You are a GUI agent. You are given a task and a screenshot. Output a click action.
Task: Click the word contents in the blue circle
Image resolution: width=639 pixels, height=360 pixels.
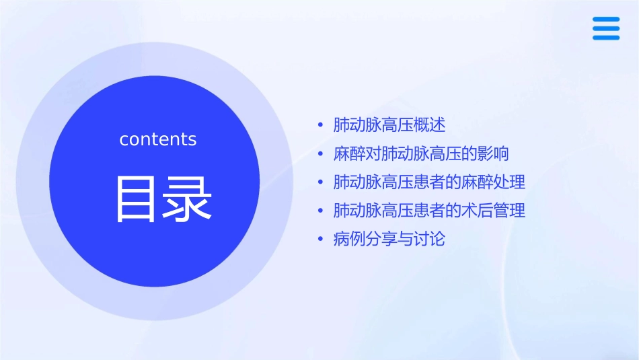[x=158, y=139]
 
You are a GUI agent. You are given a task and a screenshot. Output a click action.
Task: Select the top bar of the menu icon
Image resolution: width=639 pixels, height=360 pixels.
[x=606, y=20]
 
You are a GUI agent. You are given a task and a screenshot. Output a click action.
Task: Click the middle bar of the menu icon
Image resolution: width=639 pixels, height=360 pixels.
[x=606, y=28]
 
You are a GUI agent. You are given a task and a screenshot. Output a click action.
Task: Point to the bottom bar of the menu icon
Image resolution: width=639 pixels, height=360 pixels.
[x=606, y=37]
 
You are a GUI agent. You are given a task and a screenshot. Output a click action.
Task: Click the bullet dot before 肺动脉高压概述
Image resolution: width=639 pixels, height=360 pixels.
[x=321, y=126]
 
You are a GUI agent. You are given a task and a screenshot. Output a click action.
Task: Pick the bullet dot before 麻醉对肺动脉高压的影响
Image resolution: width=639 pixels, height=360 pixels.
[x=321, y=154]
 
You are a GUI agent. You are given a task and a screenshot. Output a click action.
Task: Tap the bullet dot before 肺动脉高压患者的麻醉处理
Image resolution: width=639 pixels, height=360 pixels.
[x=321, y=182]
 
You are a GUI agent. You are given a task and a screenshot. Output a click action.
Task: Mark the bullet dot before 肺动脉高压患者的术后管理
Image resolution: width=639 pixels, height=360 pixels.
[x=321, y=211]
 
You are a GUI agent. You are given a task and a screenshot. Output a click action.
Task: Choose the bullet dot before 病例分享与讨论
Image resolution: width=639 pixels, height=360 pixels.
[x=321, y=240]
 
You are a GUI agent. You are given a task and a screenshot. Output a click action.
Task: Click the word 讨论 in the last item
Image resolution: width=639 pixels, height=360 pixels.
[x=430, y=240]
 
